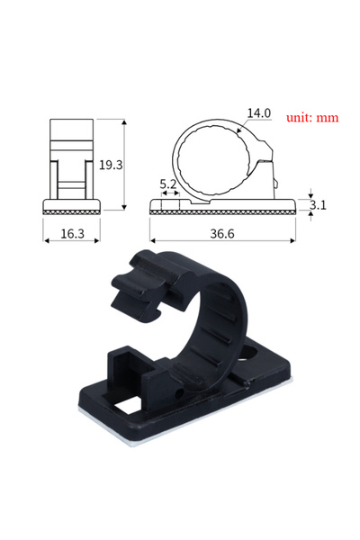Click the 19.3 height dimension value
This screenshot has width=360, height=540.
[111, 166]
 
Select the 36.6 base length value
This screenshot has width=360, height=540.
[223, 233]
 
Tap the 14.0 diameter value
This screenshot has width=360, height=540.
[259, 113]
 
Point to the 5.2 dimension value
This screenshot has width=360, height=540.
[168, 184]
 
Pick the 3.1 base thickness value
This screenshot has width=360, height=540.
[318, 205]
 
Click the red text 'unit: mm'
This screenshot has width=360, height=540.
[312, 118]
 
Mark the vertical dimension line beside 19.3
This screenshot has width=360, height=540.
[123, 166]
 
